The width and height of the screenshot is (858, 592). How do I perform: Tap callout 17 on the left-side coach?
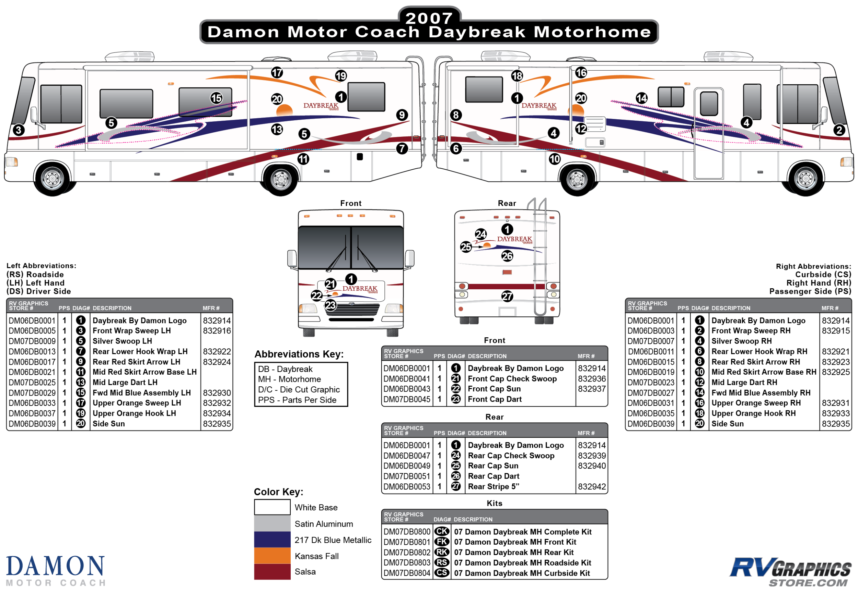pos(277,72)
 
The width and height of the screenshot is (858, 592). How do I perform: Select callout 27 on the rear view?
pos(507,296)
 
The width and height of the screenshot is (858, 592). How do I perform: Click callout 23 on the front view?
pos(331,305)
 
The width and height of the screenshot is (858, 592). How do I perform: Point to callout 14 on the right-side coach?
pos(641,98)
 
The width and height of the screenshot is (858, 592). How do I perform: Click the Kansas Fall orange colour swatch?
pos(272,556)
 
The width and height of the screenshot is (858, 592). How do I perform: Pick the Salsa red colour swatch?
pos(272,571)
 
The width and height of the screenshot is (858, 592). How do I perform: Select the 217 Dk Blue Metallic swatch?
pos(272,540)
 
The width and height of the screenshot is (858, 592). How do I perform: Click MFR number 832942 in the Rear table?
pos(592,486)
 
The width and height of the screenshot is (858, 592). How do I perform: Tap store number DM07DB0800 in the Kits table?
pos(407,532)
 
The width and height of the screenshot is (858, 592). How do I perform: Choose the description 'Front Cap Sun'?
pos(494,389)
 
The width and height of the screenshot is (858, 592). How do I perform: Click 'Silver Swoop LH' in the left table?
pos(122,341)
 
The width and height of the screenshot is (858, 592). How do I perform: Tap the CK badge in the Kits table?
pos(442,532)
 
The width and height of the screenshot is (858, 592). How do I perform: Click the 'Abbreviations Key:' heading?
pos(299,354)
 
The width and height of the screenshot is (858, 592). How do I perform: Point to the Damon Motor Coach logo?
pos(56,570)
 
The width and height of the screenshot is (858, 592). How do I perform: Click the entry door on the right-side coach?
pos(709,134)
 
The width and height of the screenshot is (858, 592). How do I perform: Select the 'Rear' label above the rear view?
pos(507,203)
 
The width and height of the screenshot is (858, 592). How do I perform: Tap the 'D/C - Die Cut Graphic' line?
pos(299,389)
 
